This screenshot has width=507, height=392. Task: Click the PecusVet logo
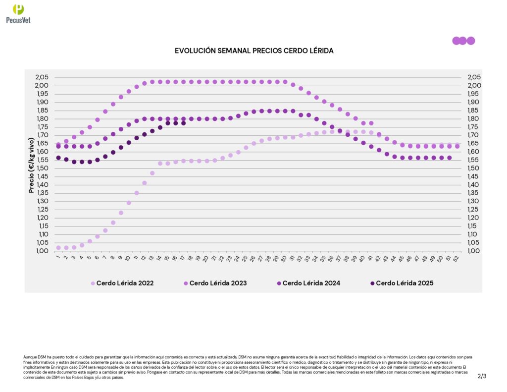(x=18, y=13)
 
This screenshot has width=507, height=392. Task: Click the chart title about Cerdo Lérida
(x=254, y=51)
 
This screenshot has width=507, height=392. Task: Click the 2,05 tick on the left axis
(x=42, y=77)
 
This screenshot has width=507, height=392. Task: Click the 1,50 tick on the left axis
(x=42, y=168)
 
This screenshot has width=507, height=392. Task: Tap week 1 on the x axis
(x=58, y=258)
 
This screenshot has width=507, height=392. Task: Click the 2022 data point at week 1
(x=58, y=247)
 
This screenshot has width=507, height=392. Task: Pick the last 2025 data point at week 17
(x=184, y=123)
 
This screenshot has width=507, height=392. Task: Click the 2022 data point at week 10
(x=129, y=203)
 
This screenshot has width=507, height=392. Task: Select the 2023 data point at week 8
(x=113, y=104)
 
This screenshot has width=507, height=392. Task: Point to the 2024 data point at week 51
(x=450, y=158)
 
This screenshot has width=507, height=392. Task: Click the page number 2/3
(x=482, y=376)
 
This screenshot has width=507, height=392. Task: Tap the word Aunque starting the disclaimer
(x=30, y=357)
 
